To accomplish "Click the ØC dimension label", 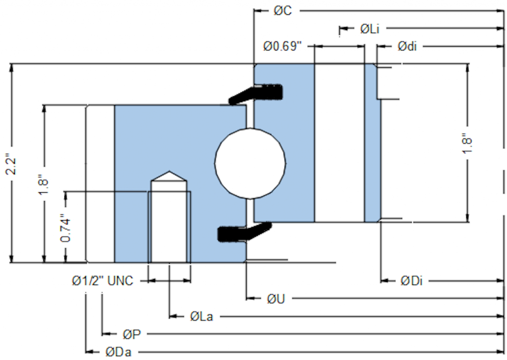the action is [283, 11].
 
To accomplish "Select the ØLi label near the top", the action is [369, 29].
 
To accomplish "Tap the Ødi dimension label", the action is [407, 47].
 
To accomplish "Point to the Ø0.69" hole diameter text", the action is [282, 47].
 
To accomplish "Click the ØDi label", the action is [411, 281].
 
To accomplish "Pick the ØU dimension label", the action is [276, 299].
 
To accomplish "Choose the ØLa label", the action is [202, 316].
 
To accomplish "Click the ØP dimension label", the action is [132, 334].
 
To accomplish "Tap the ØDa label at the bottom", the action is [118, 352].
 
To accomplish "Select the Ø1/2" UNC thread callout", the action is [102, 281].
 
